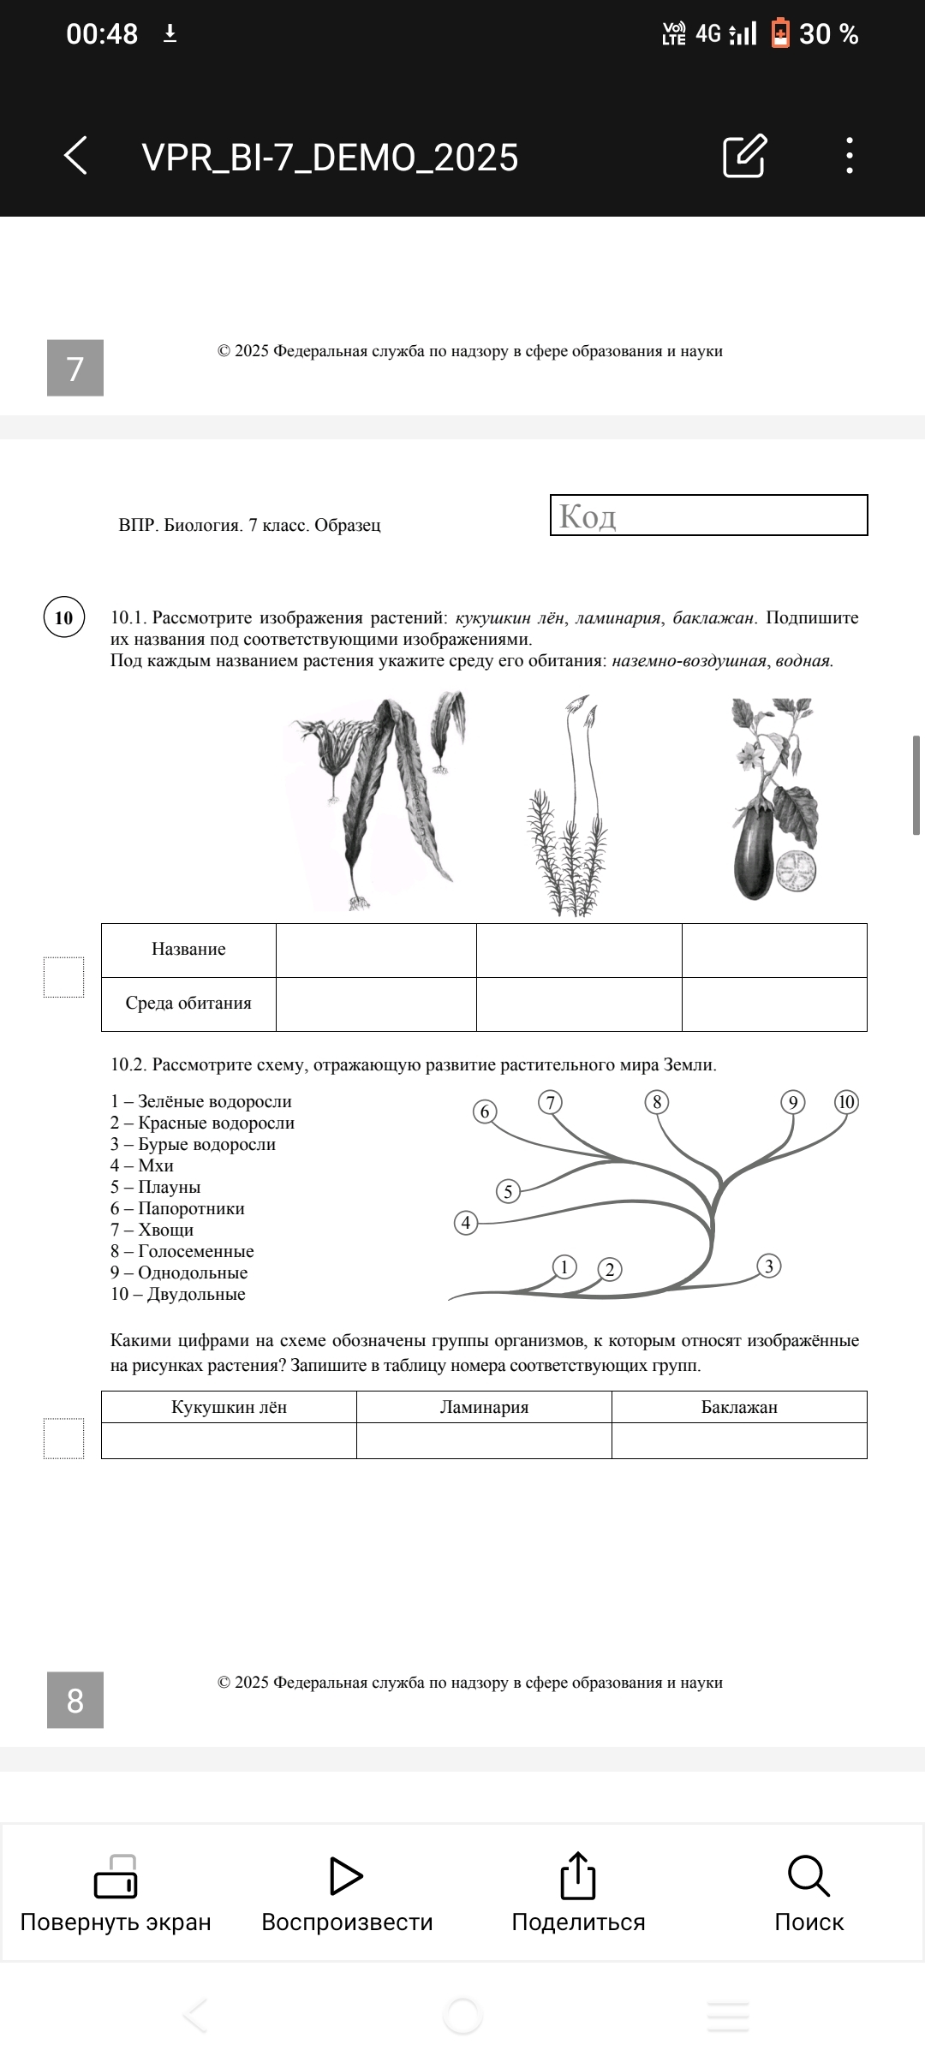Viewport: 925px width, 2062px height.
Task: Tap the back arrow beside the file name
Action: pyautogui.click(x=76, y=156)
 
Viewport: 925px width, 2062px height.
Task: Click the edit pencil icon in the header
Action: pyautogui.click(x=744, y=156)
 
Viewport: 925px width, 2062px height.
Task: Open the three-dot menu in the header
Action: pyautogui.click(x=849, y=156)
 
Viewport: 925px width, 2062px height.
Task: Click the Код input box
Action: pyautogui.click(x=708, y=515)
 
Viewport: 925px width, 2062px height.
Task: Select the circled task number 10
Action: pyautogui.click(x=64, y=617)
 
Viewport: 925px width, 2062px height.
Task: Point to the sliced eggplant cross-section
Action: pyautogui.click(x=796, y=872)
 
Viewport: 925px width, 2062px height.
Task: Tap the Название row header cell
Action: pyautogui.click(x=188, y=950)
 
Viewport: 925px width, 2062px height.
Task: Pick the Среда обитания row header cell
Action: pyautogui.click(x=188, y=1004)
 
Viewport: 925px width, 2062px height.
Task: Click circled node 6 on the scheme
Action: pyautogui.click(x=485, y=1111)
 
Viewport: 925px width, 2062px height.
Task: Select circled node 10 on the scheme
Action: pyautogui.click(x=846, y=1102)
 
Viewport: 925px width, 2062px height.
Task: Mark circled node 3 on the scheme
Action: pyautogui.click(x=768, y=1266)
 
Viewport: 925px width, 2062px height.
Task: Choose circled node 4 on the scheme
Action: pyautogui.click(x=466, y=1222)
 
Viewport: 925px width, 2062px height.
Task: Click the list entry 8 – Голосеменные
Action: pyautogui.click(x=182, y=1251)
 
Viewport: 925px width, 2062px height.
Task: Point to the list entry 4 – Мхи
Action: pyautogui.click(x=142, y=1165)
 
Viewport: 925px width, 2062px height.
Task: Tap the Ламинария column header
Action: pyautogui.click(x=484, y=1407)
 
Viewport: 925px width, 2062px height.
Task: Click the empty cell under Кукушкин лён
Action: pyautogui.click(x=229, y=1440)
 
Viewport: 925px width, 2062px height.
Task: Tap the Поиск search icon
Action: pyautogui.click(x=809, y=1877)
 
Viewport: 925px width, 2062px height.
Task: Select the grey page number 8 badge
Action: pyautogui.click(x=75, y=1700)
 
